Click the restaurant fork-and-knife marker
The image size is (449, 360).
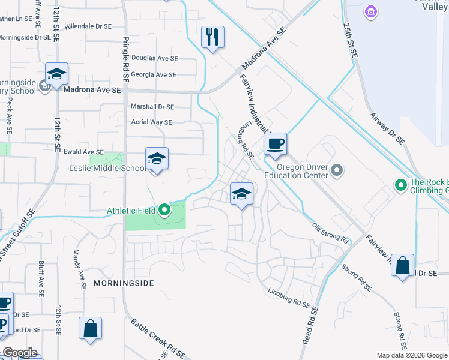[x=212, y=38]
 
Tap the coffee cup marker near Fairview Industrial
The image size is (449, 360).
[x=275, y=144]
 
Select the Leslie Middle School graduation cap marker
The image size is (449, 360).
[x=157, y=159]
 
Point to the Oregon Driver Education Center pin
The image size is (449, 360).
[x=337, y=171]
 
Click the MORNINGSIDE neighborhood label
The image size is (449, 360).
[x=124, y=283]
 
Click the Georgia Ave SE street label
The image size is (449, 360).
[x=154, y=75]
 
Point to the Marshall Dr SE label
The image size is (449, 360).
[x=152, y=107]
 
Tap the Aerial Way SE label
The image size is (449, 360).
[x=152, y=122]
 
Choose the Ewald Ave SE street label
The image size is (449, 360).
[x=83, y=152]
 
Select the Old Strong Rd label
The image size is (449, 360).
[x=331, y=233]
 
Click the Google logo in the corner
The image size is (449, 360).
[x=19, y=353]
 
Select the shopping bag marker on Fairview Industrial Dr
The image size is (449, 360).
[x=402, y=266]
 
